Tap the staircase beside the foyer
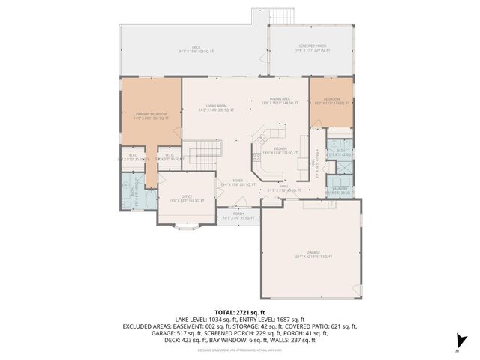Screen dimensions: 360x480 (x=202, y=156)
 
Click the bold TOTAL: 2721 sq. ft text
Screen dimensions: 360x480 (x=240, y=311)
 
